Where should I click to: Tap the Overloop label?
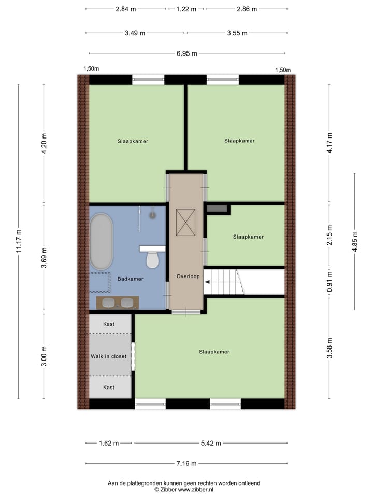188,276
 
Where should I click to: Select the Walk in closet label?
109,356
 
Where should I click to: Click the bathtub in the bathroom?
101,241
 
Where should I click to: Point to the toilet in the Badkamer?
152,259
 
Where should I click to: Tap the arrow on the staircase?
208,283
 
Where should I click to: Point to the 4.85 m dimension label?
355,242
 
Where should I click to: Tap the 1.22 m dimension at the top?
187,9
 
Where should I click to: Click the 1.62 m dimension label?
109,444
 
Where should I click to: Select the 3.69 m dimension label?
44,258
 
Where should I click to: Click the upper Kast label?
109,324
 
